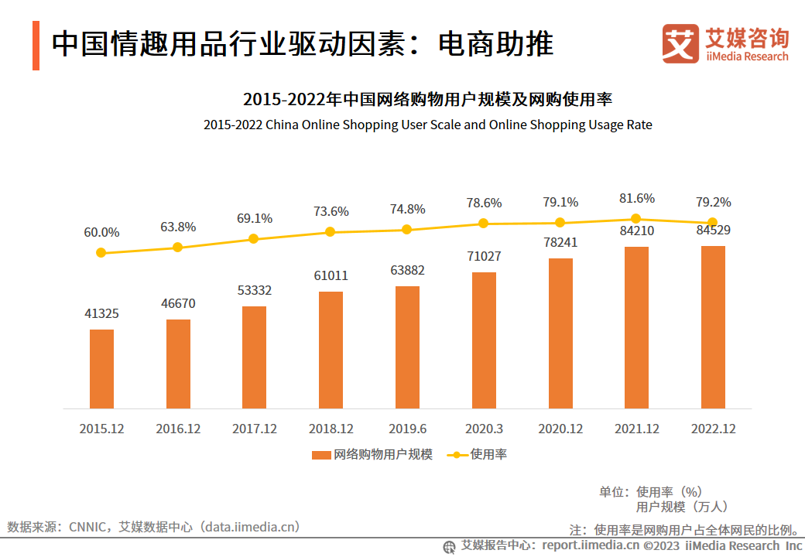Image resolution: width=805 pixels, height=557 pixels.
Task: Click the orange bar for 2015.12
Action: (x=101, y=369)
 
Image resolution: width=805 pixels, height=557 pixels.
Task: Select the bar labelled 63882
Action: (x=407, y=347)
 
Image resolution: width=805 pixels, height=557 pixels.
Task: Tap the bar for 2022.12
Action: (x=713, y=327)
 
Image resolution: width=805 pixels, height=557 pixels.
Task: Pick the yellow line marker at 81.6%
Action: (x=636, y=219)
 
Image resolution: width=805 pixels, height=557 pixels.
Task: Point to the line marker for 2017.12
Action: (x=254, y=239)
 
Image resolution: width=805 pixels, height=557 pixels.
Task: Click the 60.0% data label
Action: (x=101, y=232)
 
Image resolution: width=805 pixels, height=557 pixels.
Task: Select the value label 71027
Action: (x=484, y=257)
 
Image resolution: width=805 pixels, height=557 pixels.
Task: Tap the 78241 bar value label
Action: (x=560, y=242)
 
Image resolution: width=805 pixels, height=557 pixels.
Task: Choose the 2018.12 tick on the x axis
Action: (x=331, y=429)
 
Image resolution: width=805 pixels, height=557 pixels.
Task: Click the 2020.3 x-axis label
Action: (x=484, y=429)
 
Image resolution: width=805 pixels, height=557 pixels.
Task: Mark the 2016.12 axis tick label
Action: (x=177, y=429)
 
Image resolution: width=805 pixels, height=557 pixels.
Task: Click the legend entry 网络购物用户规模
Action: (x=372, y=455)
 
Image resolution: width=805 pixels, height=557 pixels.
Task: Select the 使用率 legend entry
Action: (x=478, y=455)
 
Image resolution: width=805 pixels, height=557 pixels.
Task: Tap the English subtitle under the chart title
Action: (x=427, y=125)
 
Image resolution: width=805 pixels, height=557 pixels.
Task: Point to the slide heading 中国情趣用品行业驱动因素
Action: (x=302, y=44)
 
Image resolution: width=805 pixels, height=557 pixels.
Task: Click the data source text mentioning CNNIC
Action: (x=153, y=528)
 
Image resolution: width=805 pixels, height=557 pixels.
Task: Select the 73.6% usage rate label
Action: (x=331, y=211)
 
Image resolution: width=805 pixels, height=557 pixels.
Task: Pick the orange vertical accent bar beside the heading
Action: (x=36, y=46)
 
